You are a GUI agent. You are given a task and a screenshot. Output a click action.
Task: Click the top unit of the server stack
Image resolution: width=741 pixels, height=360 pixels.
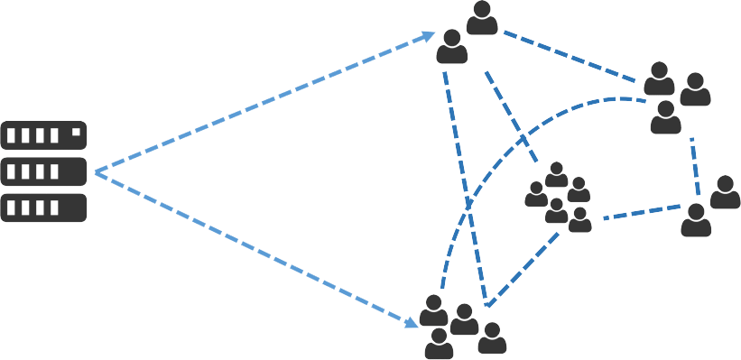coord(44,137)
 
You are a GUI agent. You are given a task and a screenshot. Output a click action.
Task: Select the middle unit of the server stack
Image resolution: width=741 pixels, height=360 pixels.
coord(44,171)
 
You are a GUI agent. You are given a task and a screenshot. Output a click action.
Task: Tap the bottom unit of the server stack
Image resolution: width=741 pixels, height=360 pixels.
coord(44,208)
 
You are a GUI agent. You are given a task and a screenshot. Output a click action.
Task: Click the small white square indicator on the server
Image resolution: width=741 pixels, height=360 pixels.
coord(76,133)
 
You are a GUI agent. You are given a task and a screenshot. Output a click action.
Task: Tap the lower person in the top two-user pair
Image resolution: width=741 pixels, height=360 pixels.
coord(452,47)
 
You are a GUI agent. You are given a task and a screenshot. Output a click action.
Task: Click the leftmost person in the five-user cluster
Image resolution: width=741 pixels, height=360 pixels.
coord(536,194)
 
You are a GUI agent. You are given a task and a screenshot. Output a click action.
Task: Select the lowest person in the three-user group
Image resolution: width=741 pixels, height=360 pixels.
coord(665,117)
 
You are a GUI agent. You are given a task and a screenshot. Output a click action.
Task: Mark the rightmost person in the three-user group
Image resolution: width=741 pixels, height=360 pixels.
coord(695,90)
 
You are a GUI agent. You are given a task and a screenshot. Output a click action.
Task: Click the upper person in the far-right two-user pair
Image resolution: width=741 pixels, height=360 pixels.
coord(725,192)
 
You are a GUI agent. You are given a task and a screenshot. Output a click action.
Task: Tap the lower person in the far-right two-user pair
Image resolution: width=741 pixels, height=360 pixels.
coord(696,219)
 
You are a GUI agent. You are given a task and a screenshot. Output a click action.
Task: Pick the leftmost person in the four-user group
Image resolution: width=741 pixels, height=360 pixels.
coord(433,311)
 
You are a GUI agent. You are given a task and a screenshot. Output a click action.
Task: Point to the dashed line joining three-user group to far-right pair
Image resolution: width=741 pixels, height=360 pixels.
coord(695,167)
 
